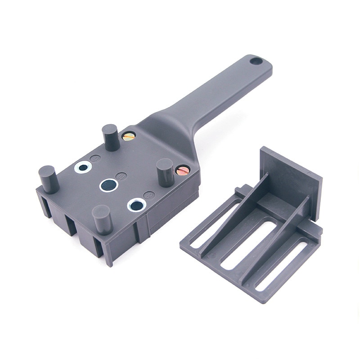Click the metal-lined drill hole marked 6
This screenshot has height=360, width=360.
point(84,167)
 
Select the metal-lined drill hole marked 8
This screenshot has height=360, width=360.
point(137,205)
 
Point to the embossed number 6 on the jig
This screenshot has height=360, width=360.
point(95,158)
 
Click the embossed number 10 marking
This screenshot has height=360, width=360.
point(120,176)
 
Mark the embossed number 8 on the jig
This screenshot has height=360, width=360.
point(149,195)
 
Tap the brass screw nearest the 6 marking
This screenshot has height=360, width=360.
point(128,136)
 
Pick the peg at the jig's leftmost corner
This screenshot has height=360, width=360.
point(49,179)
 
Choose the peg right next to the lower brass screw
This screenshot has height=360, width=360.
point(165,172)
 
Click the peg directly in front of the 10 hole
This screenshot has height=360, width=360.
point(102,219)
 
